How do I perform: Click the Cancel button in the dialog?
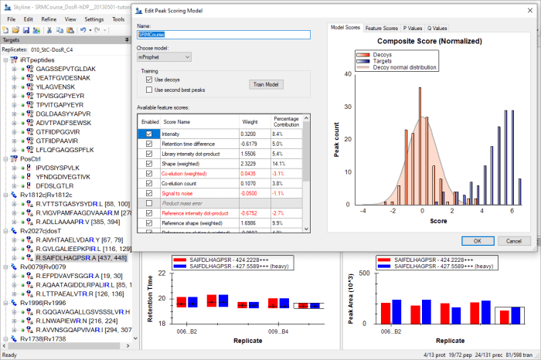pos(514,240)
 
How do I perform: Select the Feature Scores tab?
pos(383,28)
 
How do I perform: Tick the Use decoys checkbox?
pos(149,79)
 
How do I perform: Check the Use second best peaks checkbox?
pos(149,89)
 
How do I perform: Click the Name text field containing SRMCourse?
pos(223,35)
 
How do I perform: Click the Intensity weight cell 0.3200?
pos(248,134)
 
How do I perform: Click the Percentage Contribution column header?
pos(287,121)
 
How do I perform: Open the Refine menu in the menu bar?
pos(48,19)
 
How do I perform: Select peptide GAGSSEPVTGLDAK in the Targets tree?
pos(66,69)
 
